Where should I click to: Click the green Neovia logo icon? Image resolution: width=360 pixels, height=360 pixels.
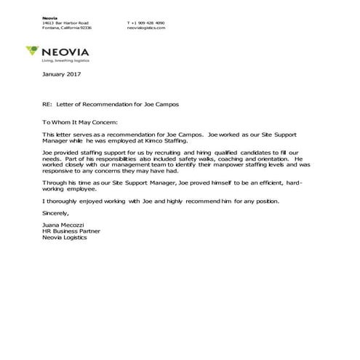tap(33, 51)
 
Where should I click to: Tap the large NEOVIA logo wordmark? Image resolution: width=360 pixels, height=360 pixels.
tap(69, 52)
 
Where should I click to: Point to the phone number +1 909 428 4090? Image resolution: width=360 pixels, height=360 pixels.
tap(145, 23)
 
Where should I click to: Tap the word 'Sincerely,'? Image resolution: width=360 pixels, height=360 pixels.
tap(57, 213)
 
